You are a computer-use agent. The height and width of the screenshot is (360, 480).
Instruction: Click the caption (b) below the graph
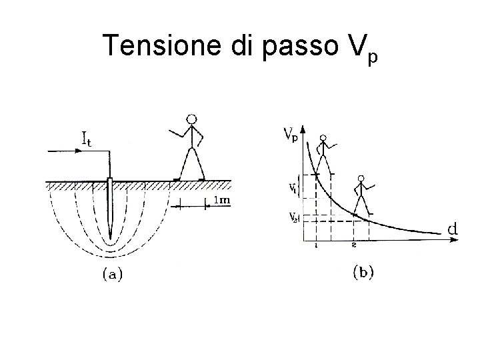[362, 271]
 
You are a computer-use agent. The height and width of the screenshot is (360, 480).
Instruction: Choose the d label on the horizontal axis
[452, 229]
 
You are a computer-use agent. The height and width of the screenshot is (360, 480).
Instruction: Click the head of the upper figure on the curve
[323, 140]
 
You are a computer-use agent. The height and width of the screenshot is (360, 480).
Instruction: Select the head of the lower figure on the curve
[361, 179]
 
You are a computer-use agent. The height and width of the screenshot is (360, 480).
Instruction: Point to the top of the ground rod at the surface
[109, 180]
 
